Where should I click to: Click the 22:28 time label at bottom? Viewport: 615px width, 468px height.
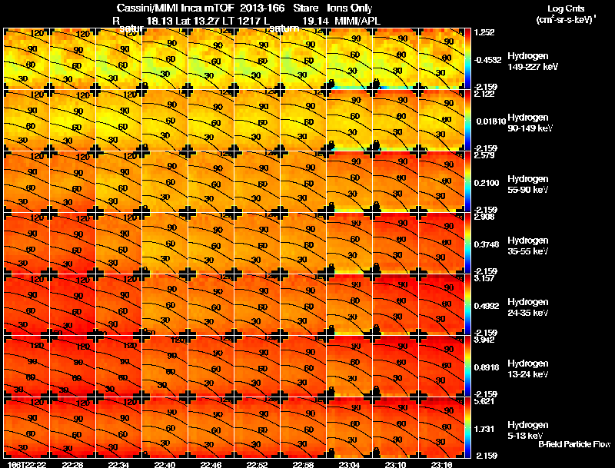pyautogui.click(x=73, y=464)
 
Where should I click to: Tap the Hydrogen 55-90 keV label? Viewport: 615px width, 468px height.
pyautogui.click(x=530, y=184)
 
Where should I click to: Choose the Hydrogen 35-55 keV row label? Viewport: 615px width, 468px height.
pyautogui.click(x=530, y=246)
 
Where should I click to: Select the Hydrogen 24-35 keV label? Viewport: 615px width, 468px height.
pyautogui.click(x=530, y=307)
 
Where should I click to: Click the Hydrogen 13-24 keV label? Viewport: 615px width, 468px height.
pyautogui.click(x=530, y=369)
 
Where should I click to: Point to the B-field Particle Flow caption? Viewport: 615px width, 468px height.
pyautogui.click(x=574, y=444)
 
